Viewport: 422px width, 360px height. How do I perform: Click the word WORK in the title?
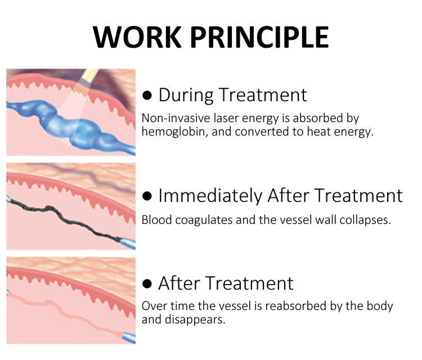pos(137,37)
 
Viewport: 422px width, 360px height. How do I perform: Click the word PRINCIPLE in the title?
pos(260,37)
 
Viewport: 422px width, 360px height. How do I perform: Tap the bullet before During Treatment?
pos(147,95)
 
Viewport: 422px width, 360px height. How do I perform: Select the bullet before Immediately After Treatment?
pos(147,196)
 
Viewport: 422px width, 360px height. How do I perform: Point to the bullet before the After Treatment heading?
pos(147,283)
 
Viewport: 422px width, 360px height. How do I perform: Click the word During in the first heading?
pos(186,95)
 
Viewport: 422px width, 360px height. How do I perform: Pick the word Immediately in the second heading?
pos(210,196)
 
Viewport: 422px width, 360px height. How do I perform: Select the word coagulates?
pos(204,220)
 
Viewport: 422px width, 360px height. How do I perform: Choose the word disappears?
pos(195,319)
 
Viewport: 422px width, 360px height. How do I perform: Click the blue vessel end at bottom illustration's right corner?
pos(129,337)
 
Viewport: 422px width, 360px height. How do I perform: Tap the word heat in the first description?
pos(318,132)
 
